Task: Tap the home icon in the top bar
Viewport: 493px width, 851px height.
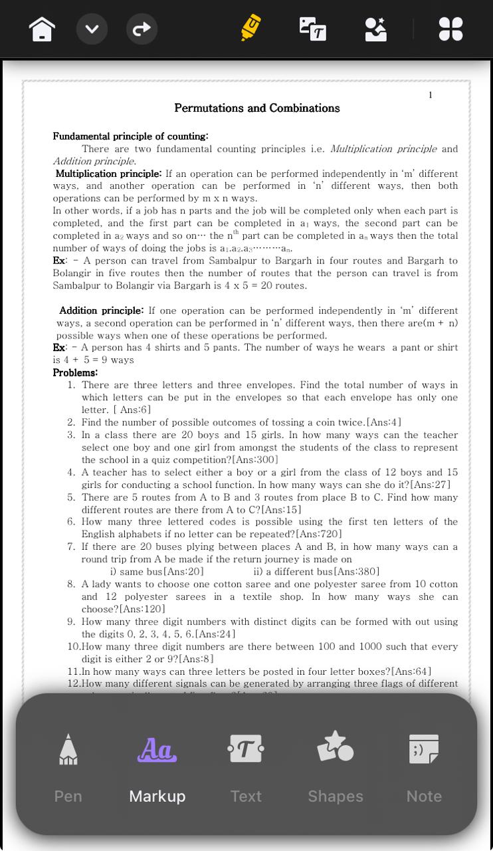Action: (x=42, y=29)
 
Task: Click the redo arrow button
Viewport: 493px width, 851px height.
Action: (x=142, y=29)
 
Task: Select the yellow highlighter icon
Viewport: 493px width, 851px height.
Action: (x=250, y=29)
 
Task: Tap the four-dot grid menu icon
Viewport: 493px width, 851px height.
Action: (x=450, y=29)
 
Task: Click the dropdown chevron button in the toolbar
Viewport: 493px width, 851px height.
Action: (x=92, y=29)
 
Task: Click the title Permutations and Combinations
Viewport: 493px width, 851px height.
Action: (x=256, y=108)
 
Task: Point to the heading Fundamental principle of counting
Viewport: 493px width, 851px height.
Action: (x=130, y=136)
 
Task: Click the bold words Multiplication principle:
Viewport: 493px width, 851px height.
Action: (x=108, y=174)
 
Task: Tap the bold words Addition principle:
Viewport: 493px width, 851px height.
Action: (x=101, y=310)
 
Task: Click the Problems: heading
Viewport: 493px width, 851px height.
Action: (x=75, y=372)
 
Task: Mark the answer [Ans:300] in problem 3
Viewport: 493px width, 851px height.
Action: (x=255, y=459)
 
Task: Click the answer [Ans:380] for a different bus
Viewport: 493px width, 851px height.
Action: (x=357, y=571)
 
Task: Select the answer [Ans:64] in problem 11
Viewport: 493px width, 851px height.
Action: (x=411, y=671)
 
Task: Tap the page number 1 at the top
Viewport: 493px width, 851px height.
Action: (x=431, y=95)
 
